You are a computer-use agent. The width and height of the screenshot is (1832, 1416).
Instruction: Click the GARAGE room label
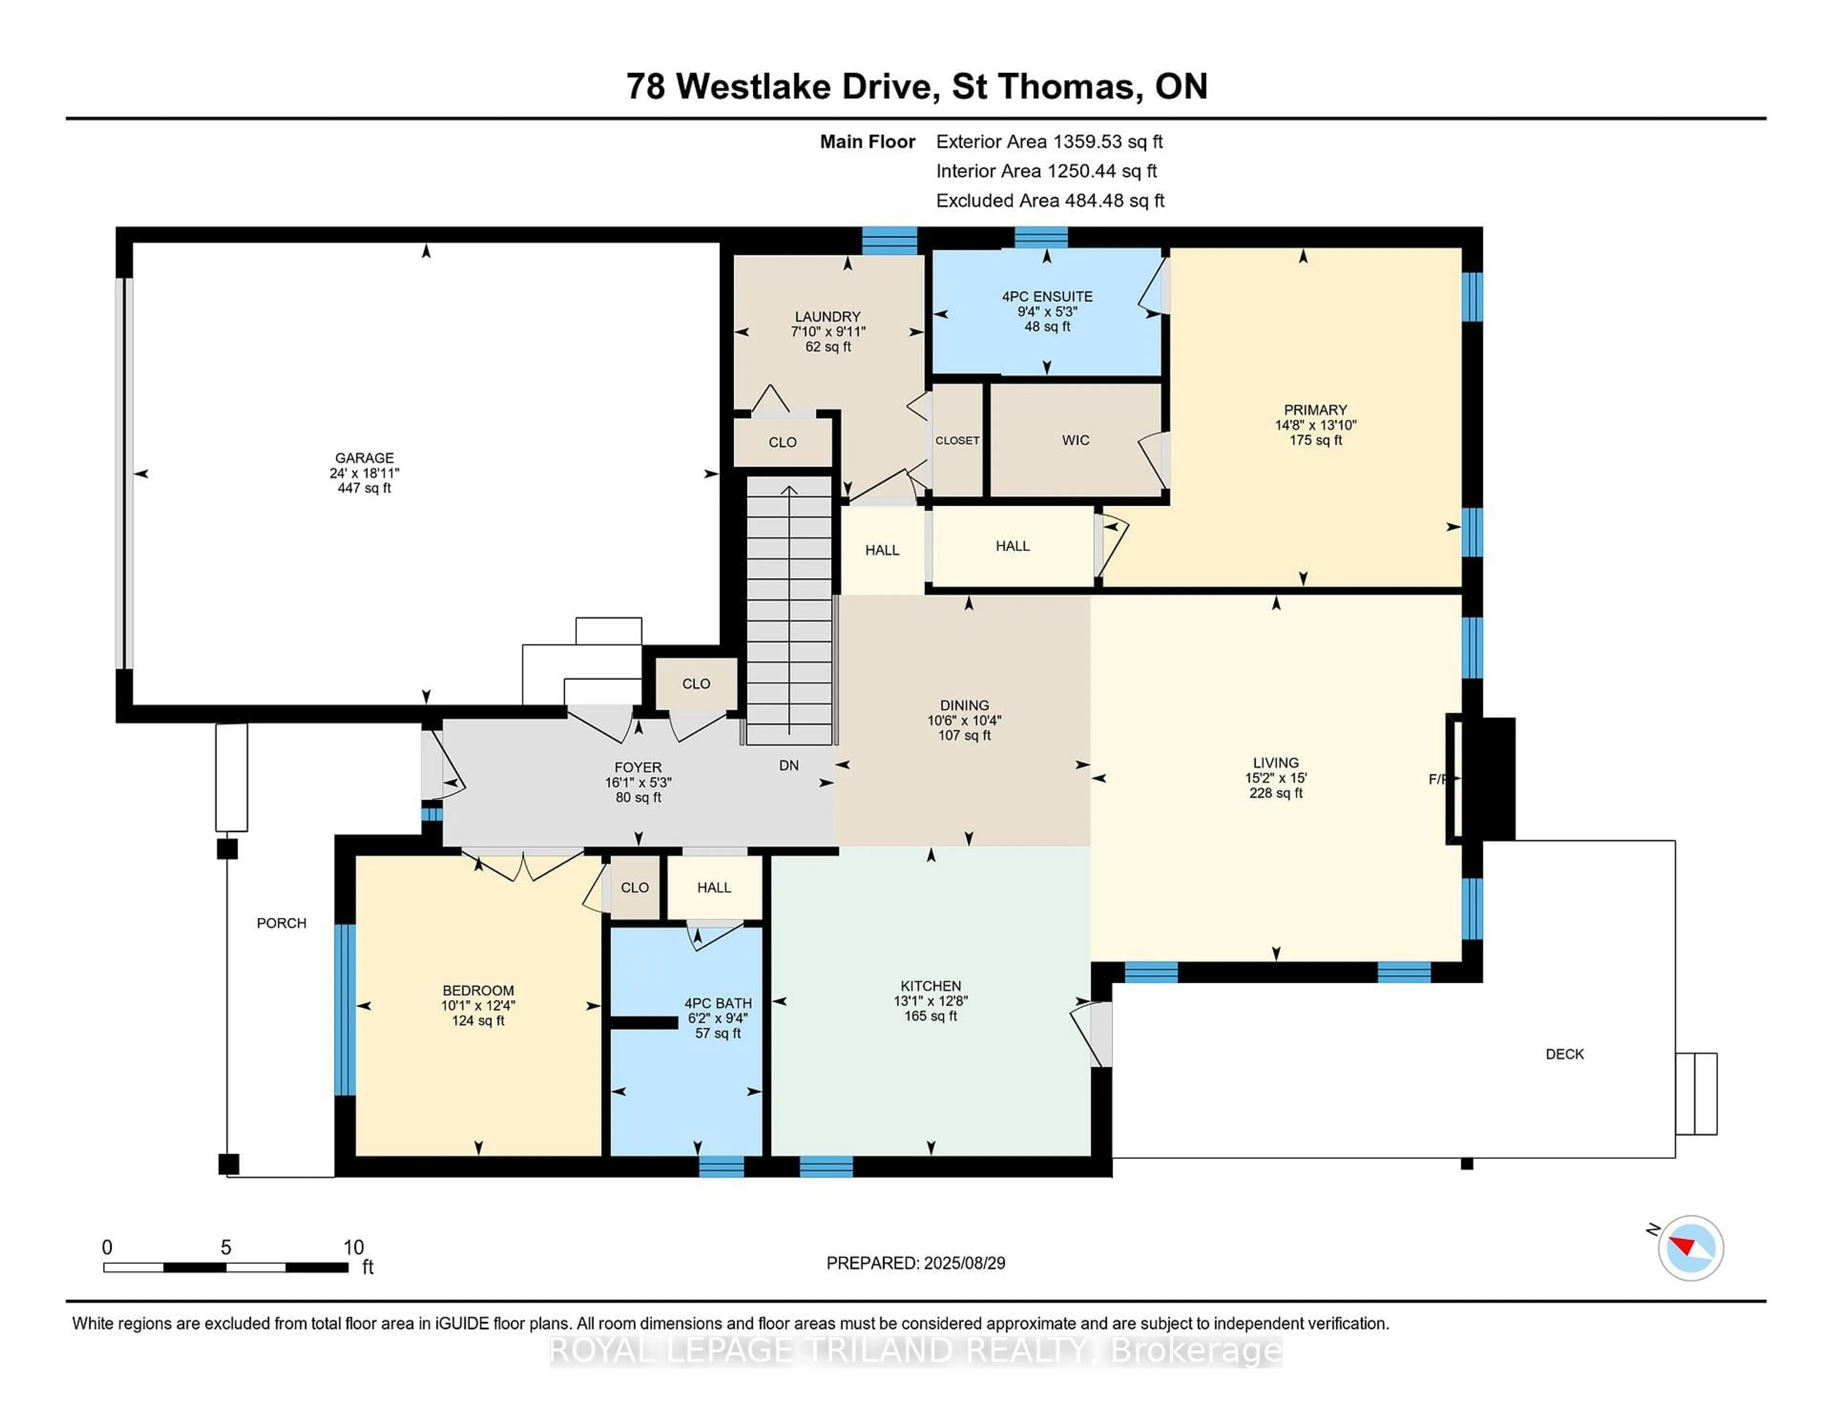click(364, 458)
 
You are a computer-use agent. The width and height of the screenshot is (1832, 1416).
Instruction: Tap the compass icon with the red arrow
click(1690, 1248)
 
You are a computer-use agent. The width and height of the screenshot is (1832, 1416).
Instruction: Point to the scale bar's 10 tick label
click(353, 1248)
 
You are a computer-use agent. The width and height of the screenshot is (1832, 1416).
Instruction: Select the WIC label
click(1075, 440)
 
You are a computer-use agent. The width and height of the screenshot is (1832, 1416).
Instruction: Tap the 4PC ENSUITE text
click(1047, 296)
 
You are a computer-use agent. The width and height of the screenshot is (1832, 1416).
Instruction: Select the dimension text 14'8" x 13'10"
click(1315, 425)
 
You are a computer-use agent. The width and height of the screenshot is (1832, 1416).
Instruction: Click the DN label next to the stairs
click(789, 765)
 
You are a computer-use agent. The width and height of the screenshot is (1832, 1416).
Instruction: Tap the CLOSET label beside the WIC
click(957, 440)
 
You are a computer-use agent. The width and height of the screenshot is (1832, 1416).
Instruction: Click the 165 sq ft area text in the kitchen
click(930, 1016)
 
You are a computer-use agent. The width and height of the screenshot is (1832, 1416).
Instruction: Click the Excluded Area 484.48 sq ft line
click(1050, 200)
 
